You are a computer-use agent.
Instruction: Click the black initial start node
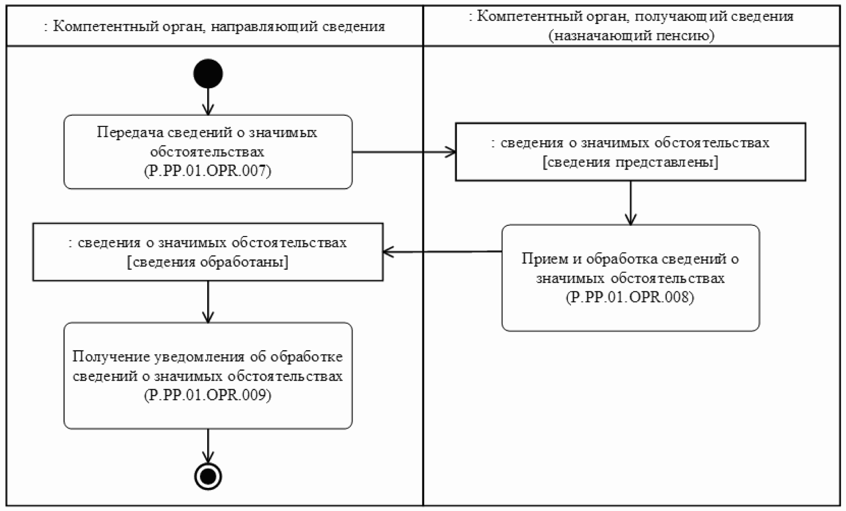(x=208, y=74)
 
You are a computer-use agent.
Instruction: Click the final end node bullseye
(x=208, y=477)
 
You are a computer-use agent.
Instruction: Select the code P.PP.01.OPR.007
(x=208, y=171)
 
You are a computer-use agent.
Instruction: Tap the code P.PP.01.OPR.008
(x=630, y=297)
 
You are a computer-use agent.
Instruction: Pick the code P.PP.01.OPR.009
(x=208, y=395)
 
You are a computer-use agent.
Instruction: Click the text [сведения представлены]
(x=630, y=162)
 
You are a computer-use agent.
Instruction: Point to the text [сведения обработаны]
(x=208, y=262)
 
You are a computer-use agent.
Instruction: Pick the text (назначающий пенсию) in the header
(x=631, y=35)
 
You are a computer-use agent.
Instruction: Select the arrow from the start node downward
(x=208, y=101)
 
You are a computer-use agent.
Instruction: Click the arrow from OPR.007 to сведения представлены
(x=404, y=152)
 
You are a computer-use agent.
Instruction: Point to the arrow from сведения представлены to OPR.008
(x=631, y=203)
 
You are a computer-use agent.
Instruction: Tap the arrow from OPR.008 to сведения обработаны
(x=442, y=251)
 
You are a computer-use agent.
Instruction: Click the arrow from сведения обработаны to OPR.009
(x=208, y=302)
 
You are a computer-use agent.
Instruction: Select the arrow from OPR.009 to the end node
(x=208, y=445)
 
